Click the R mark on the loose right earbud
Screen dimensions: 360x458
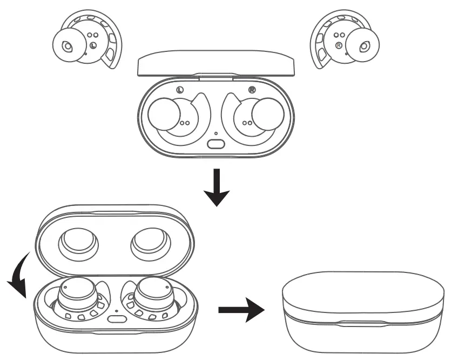pos(339,45)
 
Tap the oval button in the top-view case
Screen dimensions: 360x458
pos(216,144)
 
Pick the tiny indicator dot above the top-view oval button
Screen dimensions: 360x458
pos(216,134)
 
